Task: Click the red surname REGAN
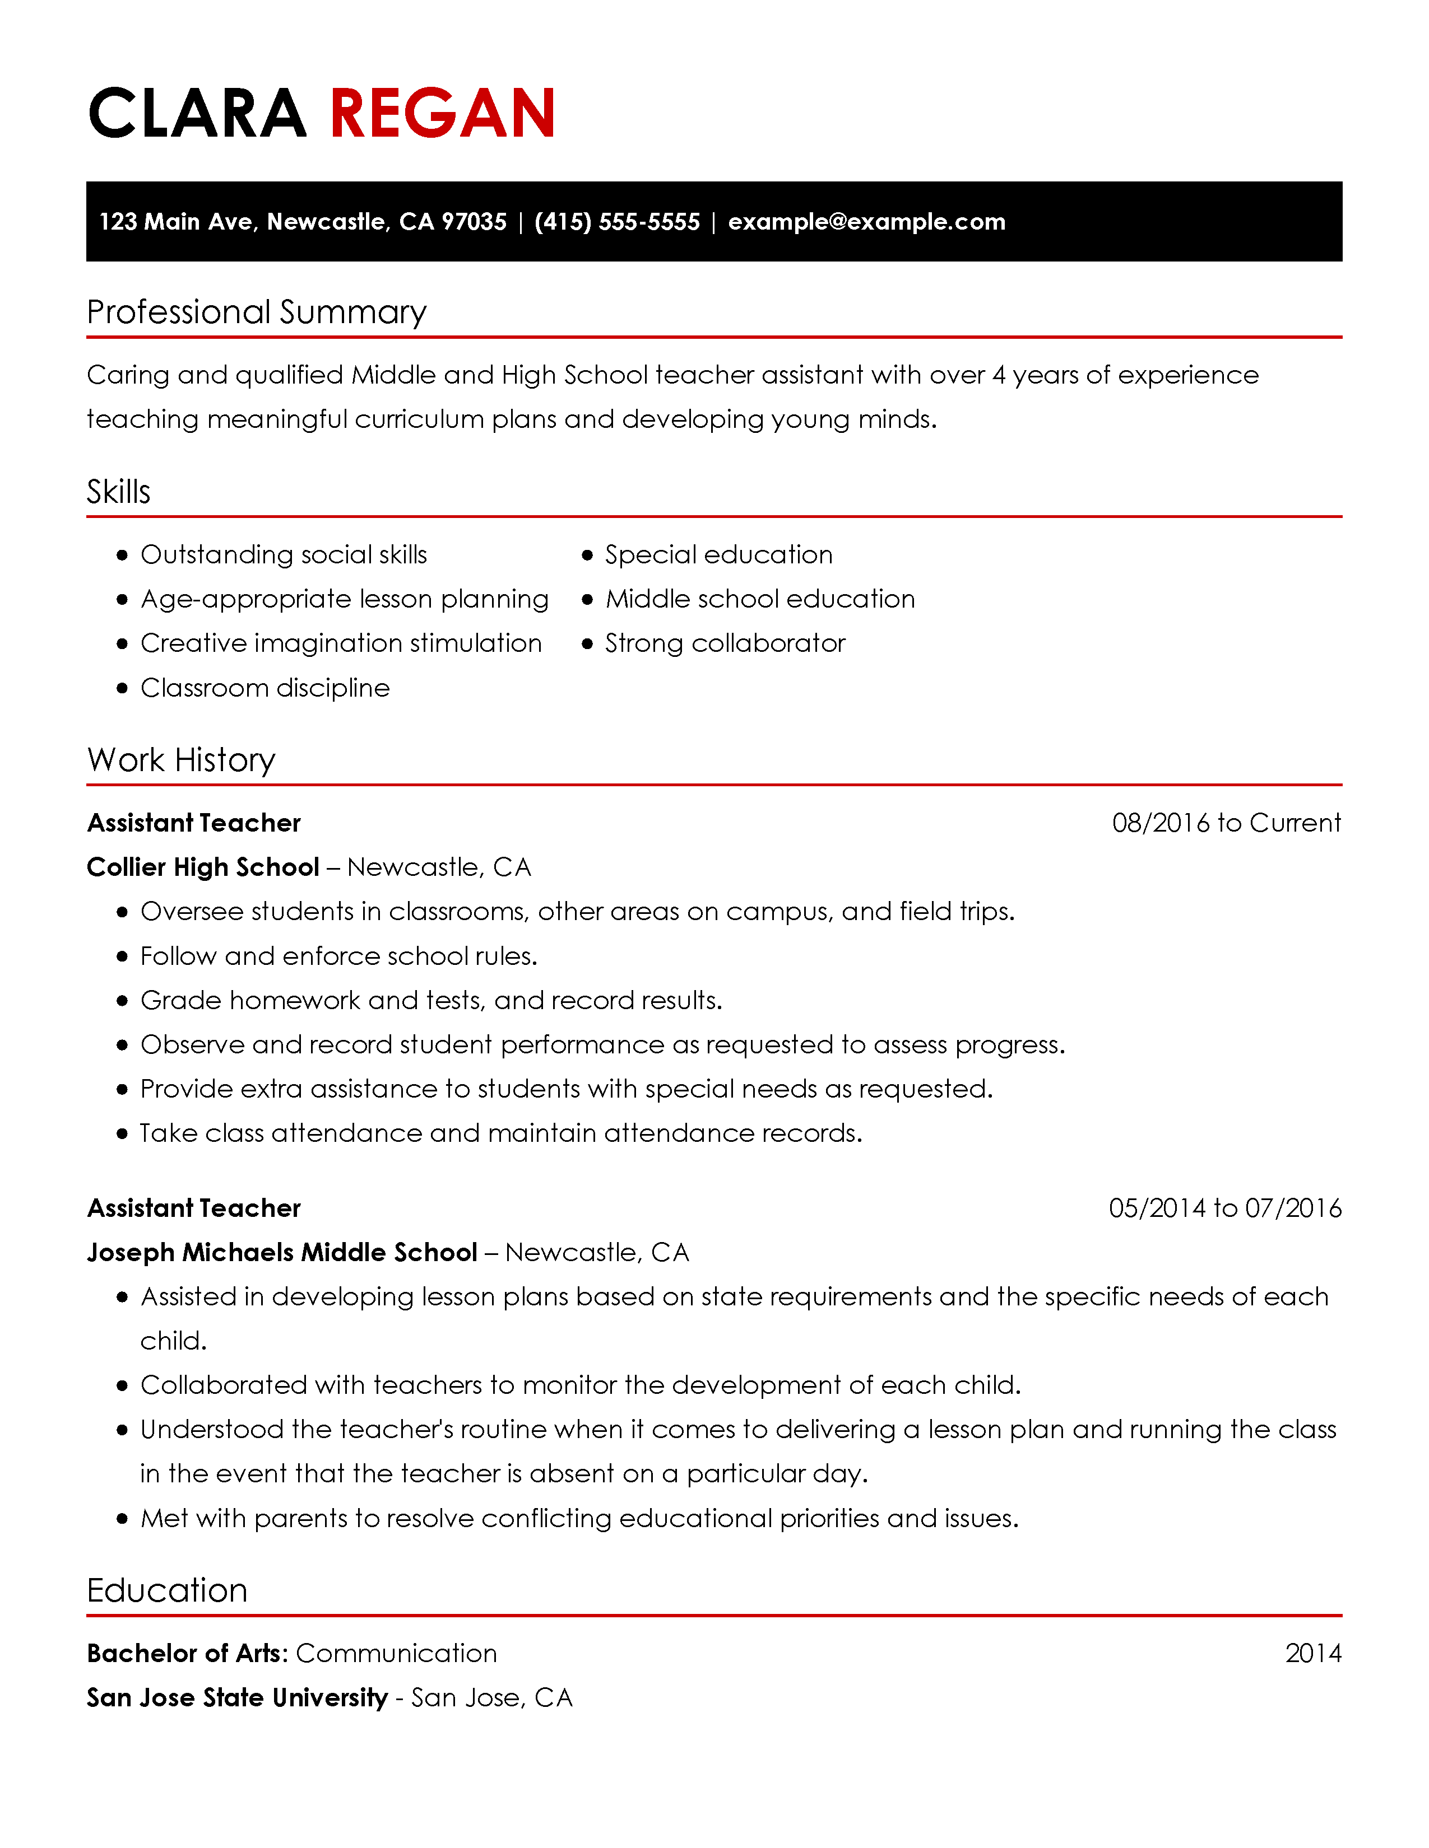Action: tap(442, 113)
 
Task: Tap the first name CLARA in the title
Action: tap(196, 113)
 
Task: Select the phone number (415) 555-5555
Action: tap(617, 222)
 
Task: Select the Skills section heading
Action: tap(118, 492)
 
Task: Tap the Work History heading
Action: tap(181, 760)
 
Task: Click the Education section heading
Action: tap(167, 1590)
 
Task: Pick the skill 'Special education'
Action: tap(718, 554)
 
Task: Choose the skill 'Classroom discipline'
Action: tap(265, 688)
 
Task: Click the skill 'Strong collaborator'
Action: tap(725, 643)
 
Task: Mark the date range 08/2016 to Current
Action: tap(1226, 823)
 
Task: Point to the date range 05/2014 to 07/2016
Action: tap(1224, 1207)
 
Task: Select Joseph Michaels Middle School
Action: tap(282, 1252)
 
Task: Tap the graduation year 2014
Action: tap(1312, 1653)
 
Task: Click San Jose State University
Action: tap(237, 1697)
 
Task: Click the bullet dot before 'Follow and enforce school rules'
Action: tap(123, 956)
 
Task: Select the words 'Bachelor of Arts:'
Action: tap(188, 1653)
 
